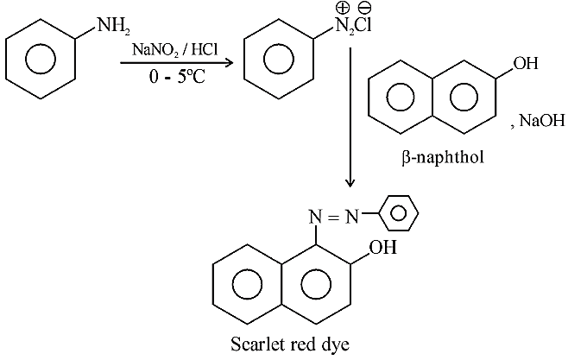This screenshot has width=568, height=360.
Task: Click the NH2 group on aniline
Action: (x=113, y=26)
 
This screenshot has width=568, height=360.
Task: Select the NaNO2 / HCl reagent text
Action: (x=175, y=49)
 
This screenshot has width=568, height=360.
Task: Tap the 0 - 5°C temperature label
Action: (x=177, y=77)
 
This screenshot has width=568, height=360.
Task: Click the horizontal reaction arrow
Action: (x=176, y=63)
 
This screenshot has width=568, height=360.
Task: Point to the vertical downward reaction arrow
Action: (x=350, y=117)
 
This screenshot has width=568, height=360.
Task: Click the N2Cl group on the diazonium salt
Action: (x=353, y=25)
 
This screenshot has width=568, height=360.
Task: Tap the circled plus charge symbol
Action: (x=343, y=8)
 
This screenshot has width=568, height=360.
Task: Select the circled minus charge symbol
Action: (x=364, y=8)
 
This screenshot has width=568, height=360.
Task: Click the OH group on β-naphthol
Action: (x=526, y=63)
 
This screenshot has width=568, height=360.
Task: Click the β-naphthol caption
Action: (x=443, y=158)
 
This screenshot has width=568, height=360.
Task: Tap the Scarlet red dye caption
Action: (x=290, y=344)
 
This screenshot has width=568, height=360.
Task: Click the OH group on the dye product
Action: (x=382, y=248)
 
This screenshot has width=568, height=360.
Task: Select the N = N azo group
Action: (x=333, y=217)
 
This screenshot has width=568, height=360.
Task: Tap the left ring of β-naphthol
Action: (x=369, y=97)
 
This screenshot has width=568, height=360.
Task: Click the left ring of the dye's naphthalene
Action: (x=212, y=284)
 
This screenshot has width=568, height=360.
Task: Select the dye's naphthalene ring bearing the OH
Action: (x=351, y=284)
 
